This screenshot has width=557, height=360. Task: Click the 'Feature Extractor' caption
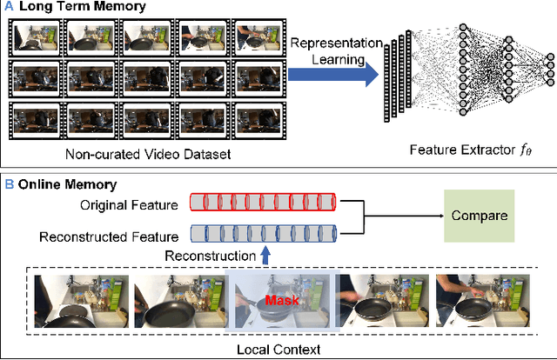point(469,153)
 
